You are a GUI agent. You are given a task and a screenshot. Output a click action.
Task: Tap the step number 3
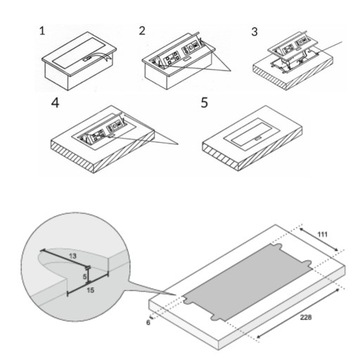(x=254, y=32)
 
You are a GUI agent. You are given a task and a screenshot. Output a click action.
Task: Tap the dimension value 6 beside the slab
(x=147, y=323)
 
